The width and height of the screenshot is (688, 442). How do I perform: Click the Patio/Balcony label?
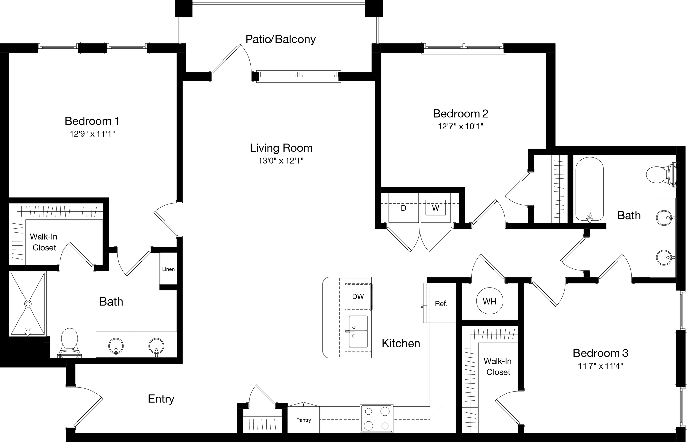pyautogui.click(x=281, y=39)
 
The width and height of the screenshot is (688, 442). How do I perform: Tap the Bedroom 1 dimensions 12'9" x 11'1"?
pyautogui.click(x=92, y=134)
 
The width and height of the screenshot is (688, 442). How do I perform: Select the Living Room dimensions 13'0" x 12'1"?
pyautogui.click(x=281, y=161)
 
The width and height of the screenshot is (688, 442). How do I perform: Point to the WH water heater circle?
pyautogui.click(x=489, y=302)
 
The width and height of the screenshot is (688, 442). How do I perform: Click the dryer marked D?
pyautogui.click(x=403, y=208)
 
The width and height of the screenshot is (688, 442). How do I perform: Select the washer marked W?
pyautogui.click(x=435, y=208)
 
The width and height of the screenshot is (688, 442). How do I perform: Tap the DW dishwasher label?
pyautogui.click(x=358, y=296)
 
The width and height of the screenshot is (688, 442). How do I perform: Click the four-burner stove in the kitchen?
pyautogui.click(x=377, y=418)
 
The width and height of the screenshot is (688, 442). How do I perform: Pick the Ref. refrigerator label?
pyautogui.click(x=441, y=304)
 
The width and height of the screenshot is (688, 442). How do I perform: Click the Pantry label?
pyautogui.click(x=303, y=420)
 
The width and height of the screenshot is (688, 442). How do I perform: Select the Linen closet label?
pyautogui.click(x=168, y=269)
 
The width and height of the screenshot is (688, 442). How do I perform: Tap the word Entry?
pyautogui.click(x=161, y=399)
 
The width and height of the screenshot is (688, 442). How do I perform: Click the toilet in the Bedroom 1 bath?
pyautogui.click(x=70, y=341)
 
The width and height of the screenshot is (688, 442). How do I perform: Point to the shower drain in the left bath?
pyautogui.click(x=28, y=304)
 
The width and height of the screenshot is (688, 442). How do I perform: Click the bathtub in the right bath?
pyautogui.click(x=590, y=190)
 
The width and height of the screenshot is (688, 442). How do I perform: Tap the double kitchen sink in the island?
pyautogui.click(x=358, y=331)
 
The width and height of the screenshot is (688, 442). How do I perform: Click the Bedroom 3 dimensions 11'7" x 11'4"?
pyautogui.click(x=600, y=366)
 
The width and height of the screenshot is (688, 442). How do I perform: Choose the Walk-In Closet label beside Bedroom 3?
pyautogui.click(x=498, y=366)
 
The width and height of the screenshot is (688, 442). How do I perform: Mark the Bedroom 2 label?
pyautogui.click(x=460, y=114)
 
